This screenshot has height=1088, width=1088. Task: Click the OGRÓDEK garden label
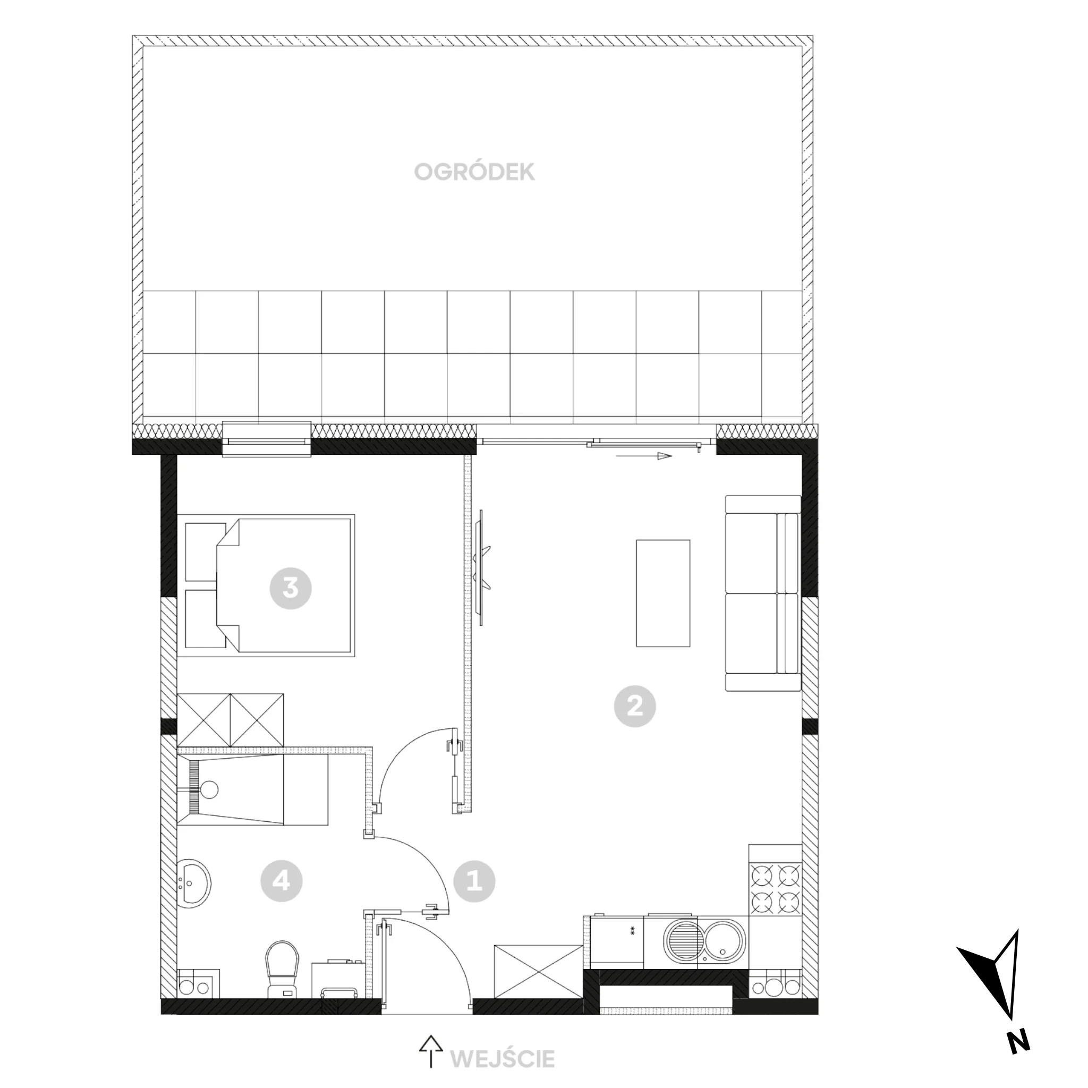click(x=474, y=172)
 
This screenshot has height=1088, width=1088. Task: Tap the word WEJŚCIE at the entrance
click(x=503, y=1059)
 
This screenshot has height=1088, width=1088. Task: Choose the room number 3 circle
click(x=291, y=588)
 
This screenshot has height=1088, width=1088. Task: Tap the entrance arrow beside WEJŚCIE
click(x=430, y=1051)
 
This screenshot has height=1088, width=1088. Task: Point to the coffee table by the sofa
click(x=663, y=593)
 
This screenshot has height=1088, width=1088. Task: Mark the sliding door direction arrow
click(x=644, y=456)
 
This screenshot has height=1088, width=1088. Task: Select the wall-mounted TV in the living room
click(x=482, y=566)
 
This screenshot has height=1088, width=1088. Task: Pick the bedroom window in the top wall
click(x=267, y=439)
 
